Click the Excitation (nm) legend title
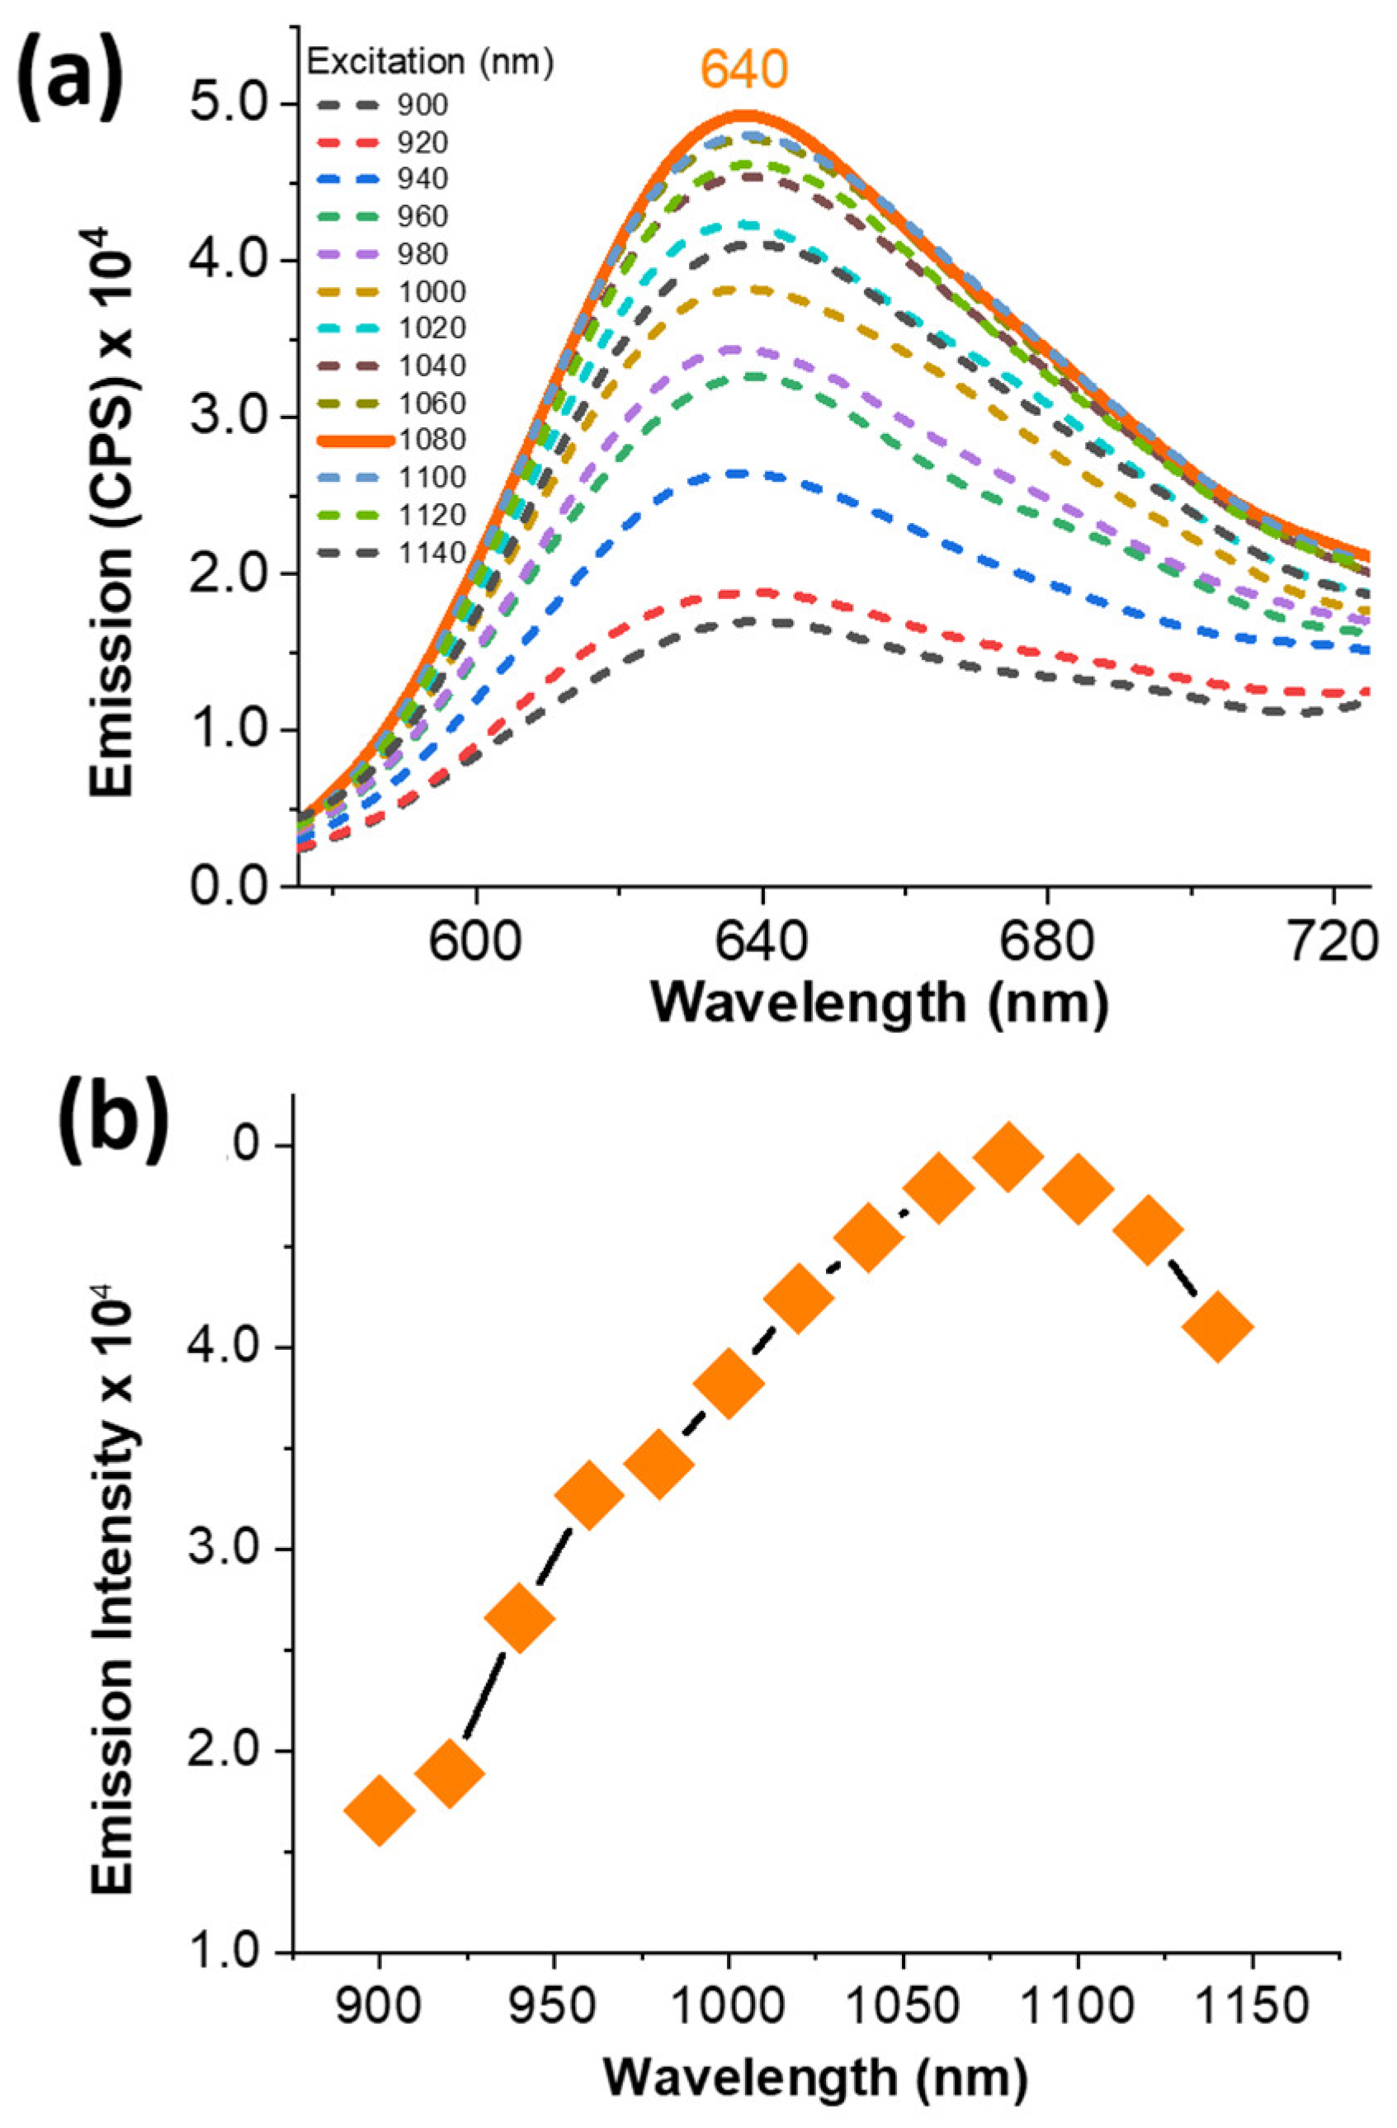430,62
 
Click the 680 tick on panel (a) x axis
1047,939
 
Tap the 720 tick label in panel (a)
1333,939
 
